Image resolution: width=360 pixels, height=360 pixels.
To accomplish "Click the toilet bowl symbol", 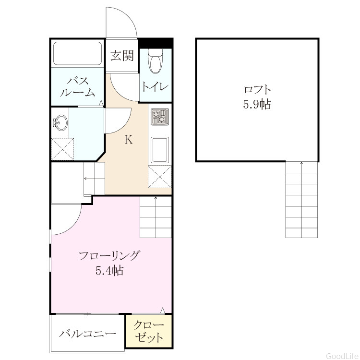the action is tap(156, 61).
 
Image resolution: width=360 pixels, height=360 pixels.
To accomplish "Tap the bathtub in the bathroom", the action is tap(78, 53).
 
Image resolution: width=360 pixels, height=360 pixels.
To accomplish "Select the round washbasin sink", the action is tap(60, 122).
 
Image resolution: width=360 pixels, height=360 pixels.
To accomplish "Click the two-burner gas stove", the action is tap(159, 117).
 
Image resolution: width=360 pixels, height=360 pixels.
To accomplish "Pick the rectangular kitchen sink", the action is tap(159, 150).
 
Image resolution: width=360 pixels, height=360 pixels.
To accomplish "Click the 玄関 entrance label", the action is tap(122, 56).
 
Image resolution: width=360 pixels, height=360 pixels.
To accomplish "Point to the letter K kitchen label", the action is tap(129, 139).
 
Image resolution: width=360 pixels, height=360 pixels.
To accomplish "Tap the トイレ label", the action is tap(155, 87).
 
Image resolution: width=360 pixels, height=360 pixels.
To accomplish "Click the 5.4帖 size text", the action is tap(109, 271).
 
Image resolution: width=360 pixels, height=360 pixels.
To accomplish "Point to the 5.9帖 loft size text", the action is tap(257, 104).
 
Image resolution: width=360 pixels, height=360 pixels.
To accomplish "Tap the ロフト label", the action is tap(257, 90).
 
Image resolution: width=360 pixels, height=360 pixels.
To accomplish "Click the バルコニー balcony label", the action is tap(87, 334).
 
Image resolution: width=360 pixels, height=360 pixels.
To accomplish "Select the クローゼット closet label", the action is tap(149, 331).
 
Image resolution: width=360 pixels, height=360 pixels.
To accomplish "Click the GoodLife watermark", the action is tap(342, 356).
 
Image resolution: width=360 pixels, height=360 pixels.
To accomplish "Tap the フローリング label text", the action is tap(109, 255).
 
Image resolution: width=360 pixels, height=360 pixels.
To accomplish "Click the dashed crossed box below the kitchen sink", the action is tap(160, 177).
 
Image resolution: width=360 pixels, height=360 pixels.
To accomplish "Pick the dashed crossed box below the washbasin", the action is tap(62, 149).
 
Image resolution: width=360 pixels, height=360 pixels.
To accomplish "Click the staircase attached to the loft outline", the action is tap(301, 200).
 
